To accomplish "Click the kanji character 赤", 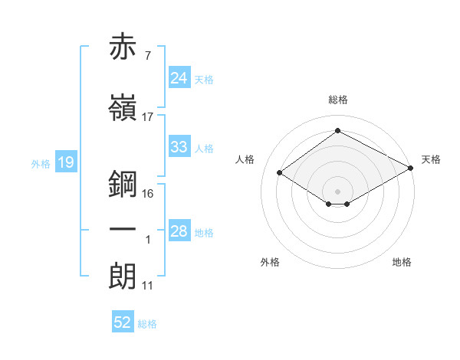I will (x=123, y=47).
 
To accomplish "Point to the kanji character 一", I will (x=123, y=229).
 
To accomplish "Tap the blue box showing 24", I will (x=179, y=78).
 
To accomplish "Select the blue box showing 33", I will (x=179, y=147).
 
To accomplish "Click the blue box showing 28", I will (x=179, y=231).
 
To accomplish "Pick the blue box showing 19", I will (x=65, y=162).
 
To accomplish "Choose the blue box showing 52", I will (x=123, y=322).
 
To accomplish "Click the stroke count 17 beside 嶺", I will (x=148, y=117).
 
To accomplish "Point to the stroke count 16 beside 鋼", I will (x=148, y=193).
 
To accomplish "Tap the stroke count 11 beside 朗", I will (x=148, y=286).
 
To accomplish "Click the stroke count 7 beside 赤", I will (x=146, y=57).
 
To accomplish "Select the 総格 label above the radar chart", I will (x=337, y=100).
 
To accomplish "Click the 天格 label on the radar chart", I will (x=431, y=159).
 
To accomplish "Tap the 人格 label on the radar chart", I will (x=245, y=159).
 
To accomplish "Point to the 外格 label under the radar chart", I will (x=270, y=262).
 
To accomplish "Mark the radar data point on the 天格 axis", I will (x=412, y=169).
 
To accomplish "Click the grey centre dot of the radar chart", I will (x=337, y=190).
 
